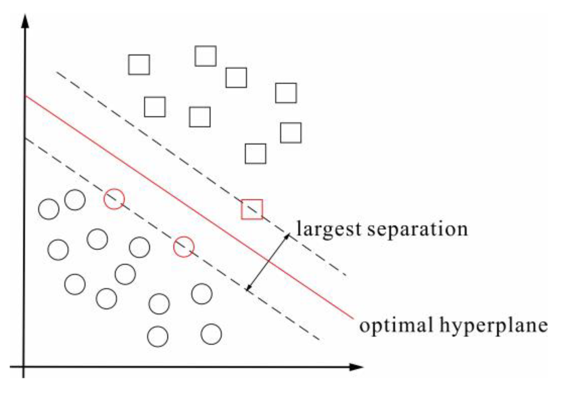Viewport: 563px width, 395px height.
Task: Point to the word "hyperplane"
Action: (493, 326)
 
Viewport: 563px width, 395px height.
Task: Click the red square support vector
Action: (252, 209)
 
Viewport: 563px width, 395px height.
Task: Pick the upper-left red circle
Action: (114, 199)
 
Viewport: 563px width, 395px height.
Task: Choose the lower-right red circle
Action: (184, 247)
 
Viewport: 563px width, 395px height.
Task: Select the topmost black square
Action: (206, 56)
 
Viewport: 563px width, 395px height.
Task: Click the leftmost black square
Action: (139, 65)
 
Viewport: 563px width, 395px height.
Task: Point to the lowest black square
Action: (256, 154)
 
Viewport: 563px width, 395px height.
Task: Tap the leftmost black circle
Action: (49, 209)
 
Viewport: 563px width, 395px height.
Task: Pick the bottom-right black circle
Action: (211, 334)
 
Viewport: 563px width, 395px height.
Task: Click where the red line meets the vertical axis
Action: (25, 96)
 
